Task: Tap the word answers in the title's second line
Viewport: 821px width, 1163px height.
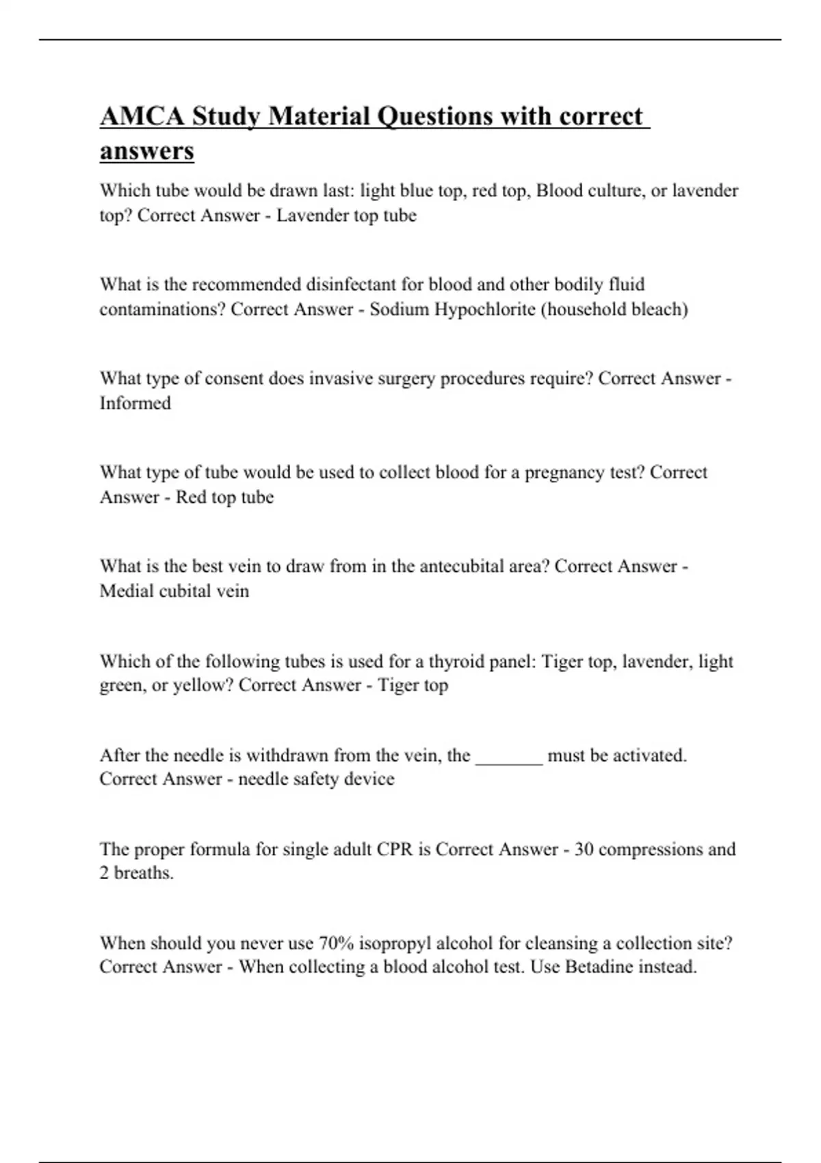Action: click(x=146, y=151)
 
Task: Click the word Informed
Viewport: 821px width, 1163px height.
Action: click(x=135, y=403)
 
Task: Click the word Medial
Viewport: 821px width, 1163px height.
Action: click(x=127, y=591)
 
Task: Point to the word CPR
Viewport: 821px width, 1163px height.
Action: click(x=394, y=850)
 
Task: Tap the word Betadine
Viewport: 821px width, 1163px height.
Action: click(x=599, y=967)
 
